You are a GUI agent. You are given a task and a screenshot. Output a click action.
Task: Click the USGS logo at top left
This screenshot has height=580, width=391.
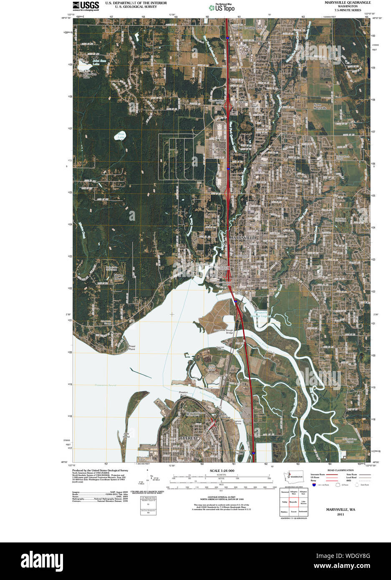(86, 5)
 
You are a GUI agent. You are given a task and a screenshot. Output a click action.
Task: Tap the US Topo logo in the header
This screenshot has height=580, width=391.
(224, 7)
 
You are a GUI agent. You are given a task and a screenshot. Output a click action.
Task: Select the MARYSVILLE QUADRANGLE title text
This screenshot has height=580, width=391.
(347, 3)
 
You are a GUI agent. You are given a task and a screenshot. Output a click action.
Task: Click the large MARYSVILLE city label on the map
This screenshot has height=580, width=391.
(242, 237)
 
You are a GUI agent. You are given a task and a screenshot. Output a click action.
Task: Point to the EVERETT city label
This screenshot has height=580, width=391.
(189, 438)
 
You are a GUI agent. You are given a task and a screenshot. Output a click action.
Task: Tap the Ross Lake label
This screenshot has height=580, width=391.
(121, 135)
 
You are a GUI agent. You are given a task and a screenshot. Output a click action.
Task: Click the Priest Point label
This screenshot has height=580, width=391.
(132, 348)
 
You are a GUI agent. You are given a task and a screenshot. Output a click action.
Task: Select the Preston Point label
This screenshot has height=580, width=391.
(183, 394)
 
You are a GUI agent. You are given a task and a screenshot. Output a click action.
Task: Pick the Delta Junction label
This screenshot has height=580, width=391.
(225, 416)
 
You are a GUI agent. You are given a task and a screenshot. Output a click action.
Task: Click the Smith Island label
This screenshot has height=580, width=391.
(212, 368)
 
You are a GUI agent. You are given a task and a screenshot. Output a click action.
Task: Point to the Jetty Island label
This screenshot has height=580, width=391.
(126, 435)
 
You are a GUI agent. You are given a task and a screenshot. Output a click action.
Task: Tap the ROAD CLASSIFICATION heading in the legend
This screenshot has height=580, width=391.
(341, 470)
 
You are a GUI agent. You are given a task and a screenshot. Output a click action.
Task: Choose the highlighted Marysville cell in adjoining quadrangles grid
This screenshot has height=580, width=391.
(293, 502)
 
